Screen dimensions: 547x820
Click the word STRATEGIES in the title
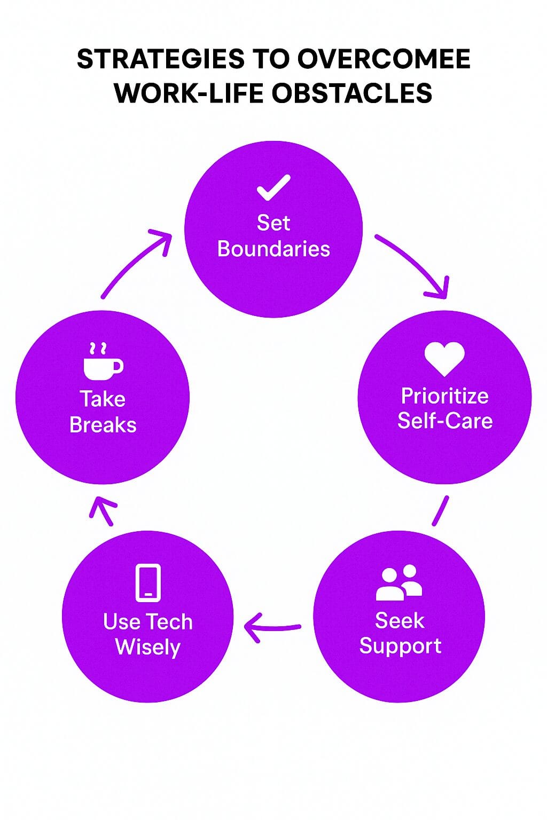coord(160,59)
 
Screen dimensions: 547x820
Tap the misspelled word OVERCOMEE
coord(384,59)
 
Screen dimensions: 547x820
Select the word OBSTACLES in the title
coord(351,92)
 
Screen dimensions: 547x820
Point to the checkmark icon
coord(273,187)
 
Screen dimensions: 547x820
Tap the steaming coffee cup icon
coord(103,361)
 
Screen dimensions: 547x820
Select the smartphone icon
coord(148,583)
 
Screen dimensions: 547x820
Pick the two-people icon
coord(399,582)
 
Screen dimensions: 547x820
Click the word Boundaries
coord(273,249)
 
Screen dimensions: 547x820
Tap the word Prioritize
coord(445,396)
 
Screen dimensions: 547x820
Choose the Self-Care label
coord(445,420)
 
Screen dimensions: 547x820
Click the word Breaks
coord(103,425)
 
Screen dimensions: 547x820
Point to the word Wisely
coord(148,648)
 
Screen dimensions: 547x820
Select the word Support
coord(401,646)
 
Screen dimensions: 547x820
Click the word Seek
coord(400,621)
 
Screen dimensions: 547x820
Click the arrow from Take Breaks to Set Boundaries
coord(132,261)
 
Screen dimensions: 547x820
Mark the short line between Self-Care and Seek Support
coord(440,511)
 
